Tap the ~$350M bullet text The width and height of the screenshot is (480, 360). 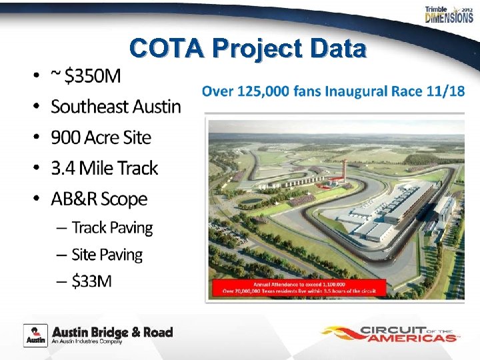point(86,77)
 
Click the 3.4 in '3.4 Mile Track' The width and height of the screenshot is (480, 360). point(63,168)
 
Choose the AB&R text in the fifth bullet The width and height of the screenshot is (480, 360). point(75,199)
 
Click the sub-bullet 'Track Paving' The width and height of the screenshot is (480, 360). point(112,228)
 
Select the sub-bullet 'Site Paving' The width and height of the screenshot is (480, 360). point(107,255)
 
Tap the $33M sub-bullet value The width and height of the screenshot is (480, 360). point(92,281)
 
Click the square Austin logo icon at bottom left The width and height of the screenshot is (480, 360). point(35,335)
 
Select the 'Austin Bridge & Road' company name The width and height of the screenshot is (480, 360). point(112,332)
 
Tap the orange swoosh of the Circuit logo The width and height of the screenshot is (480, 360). point(341,333)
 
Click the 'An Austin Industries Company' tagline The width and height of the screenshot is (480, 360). point(87,343)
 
